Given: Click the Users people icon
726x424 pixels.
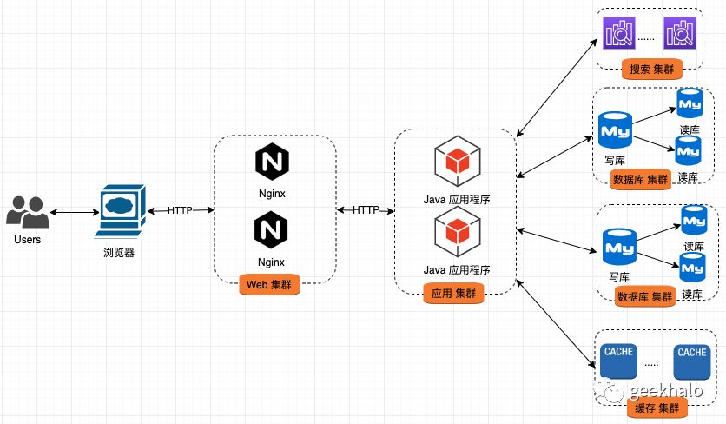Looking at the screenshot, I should pos(27,211).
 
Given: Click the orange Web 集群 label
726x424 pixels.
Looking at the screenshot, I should pos(268,284).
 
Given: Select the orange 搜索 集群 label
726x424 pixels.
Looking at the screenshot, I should pos(653,69).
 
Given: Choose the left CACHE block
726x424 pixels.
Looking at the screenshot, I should pos(617,362).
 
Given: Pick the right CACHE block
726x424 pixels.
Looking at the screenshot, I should pos(692,362).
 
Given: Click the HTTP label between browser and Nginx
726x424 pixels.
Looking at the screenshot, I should pos(180,210).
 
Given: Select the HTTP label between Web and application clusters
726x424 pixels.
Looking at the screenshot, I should pos(366,210).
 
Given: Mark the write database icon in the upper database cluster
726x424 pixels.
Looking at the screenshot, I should pos(614,130).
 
